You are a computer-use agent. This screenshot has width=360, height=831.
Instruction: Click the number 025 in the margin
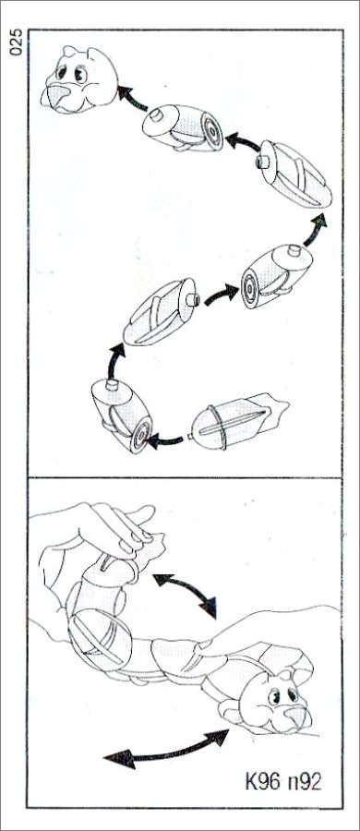coord(16,42)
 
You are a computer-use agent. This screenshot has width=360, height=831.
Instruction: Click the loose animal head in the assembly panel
coord(79,80)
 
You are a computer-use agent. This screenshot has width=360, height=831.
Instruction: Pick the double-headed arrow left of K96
coord(165,748)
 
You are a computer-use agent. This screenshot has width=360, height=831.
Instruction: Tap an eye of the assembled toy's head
coord(275,696)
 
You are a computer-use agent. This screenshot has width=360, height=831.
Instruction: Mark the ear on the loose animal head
coord(69,51)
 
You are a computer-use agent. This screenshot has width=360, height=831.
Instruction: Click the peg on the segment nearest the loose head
coord(156,114)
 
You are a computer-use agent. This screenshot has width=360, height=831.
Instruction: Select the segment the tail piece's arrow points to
coord(122,414)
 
